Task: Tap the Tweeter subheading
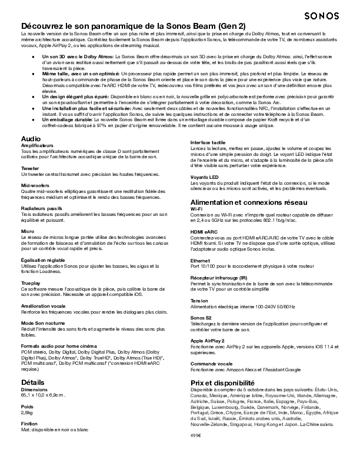pos(31,168)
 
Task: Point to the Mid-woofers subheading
pos(35,185)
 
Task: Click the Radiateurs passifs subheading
pos(41,208)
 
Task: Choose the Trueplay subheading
pos(32,282)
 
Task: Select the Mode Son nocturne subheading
pos(44,323)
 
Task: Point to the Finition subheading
pos(29,423)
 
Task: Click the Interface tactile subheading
pos(208,143)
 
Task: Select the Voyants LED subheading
pos(205,177)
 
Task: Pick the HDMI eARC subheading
pos(204,232)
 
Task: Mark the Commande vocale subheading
pos(211,364)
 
